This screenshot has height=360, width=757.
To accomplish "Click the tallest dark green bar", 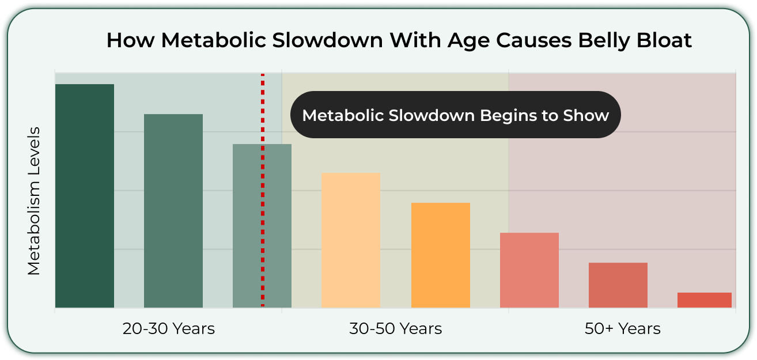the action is (85, 196).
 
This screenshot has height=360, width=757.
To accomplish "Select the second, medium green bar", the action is (173, 211).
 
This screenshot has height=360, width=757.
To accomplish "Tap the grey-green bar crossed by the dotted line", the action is (262, 226).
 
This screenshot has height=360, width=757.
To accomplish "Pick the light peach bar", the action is (351, 240).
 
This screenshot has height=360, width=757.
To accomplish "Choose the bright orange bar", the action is (441, 255).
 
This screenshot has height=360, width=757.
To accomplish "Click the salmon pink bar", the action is (529, 270).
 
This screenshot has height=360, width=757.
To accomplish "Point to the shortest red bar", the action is (705, 300).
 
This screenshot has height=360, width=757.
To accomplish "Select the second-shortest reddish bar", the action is (618, 285).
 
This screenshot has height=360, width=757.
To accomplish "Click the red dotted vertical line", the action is (263, 190).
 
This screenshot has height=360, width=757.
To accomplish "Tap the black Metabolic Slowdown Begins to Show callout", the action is (456, 115).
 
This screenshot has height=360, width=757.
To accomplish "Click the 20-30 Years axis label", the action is (169, 328).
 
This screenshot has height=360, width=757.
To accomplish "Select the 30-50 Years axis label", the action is (395, 328).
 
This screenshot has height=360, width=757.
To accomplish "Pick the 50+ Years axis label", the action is (623, 328).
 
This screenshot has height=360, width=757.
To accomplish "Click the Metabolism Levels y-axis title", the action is (34, 201).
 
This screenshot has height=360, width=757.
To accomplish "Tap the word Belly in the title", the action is (604, 40).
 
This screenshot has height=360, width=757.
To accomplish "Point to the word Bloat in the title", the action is (664, 40).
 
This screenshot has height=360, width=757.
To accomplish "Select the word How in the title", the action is (130, 40).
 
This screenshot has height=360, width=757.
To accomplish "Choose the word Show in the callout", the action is (586, 115).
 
